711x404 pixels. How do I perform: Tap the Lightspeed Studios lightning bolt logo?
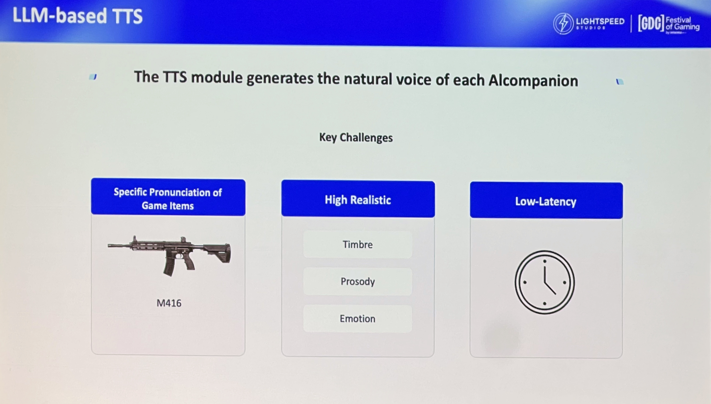(563, 24)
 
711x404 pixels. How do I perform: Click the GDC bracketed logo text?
(651, 24)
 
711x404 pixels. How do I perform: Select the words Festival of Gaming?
(682, 24)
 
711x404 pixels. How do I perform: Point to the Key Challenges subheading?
(356, 137)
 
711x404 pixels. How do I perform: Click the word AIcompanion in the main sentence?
(533, 81)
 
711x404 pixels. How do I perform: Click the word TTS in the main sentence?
(175, 77)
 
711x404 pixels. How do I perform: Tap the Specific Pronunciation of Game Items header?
(168, 199)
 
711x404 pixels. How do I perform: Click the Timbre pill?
(358, 244)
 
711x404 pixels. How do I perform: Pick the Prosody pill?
(358, 282)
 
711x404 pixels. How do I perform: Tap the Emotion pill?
(358, 319)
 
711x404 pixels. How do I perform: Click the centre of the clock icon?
(545, 282)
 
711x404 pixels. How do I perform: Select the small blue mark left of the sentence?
(93, 77)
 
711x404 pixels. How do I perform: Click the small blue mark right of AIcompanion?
(620, 82)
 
